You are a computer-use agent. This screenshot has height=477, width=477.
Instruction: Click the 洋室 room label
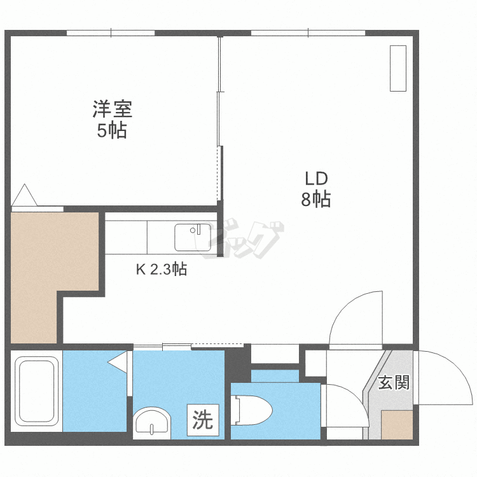pyautogui.click(x=113, y=109)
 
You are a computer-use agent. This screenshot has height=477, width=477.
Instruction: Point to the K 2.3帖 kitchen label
pyautogui.click(x=161, y=270)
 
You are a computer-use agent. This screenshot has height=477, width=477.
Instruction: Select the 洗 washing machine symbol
pyautogui.click(x=203, y=420)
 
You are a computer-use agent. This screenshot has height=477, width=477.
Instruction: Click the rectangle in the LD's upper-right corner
pyautogui.click(x=397, y=68)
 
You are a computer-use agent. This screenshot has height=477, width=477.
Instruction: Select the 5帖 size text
pyautogui.click(x=113, y=130)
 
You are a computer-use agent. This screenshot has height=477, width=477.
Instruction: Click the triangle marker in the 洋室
pyautogui.click(x=25, y=195)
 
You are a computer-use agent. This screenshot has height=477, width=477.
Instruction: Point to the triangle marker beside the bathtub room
pyautogui.click(x=118, y=362)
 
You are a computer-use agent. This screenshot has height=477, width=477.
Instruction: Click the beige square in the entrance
pyautogui.click(x=397, y=425)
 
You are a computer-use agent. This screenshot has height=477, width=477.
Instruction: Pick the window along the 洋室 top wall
pyautogui.click(x=111, y=32)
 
